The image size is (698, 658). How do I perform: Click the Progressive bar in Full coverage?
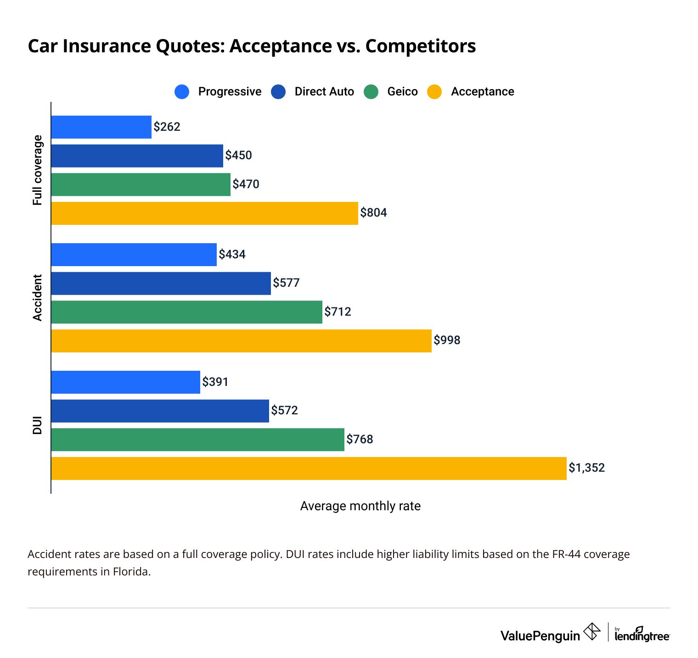pos(101,127)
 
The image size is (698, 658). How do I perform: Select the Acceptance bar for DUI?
pos(309,468)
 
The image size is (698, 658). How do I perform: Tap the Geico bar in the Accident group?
pos(186,312)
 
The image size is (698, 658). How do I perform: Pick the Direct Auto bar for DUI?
pos(160,411)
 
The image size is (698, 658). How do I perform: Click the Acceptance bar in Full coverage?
pos(204,213)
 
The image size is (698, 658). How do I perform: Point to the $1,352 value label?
pos(586,468)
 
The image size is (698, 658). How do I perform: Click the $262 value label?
pos(167,127)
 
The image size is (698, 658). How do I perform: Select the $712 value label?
pos(338,312)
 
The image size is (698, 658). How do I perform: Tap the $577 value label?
pos(286,283)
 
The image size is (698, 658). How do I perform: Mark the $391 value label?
pos(215,382)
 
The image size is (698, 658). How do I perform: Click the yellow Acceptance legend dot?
pos(434,92)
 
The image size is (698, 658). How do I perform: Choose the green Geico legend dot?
pos(371,92)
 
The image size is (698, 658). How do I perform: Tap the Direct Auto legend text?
pos(324,92)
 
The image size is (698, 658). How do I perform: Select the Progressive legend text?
pos(230,92)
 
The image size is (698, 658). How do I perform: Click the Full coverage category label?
pos(37,170)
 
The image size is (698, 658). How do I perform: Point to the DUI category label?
pos(37,425)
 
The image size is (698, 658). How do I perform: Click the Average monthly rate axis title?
pos(360,506)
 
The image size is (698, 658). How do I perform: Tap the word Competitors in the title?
pos(421,46)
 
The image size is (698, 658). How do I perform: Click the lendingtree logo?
pos(642,635)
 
